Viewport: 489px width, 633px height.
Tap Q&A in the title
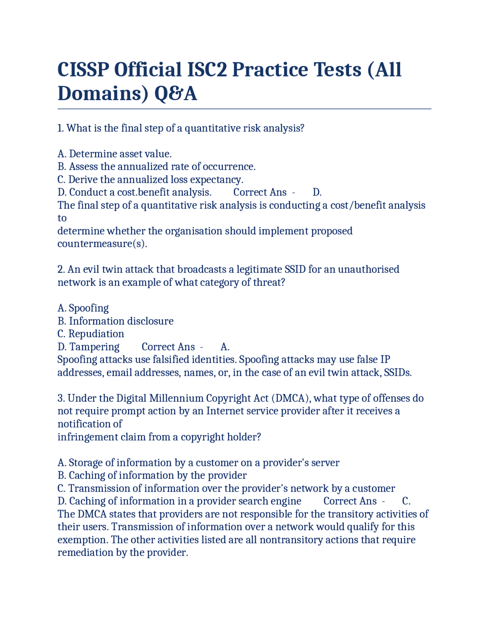pyautogui.click(x=175, y=94)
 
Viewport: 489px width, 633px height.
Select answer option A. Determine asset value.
pyautogui.click(x=114, y=154)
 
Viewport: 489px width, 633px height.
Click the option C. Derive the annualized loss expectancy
pyautogui.click(x=150, y=180)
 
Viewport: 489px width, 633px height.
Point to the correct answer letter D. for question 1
pyautogui.click(x=317, y=192)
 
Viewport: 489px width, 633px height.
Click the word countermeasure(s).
pyautogui.click(x=102, y=244)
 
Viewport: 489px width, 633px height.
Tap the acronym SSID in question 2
pyautogui.click(x=295, y=269)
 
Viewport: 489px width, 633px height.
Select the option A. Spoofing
pyautogui.click(x=83, y=308)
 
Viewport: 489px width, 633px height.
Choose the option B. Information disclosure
pyautogui.click(x=115, y=321)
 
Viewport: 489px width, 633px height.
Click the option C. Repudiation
pyautogui.click(x=91, y=334)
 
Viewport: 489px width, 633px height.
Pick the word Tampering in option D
pyautogui.click(x=94, y=347)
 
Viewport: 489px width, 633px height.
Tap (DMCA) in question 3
pyautogui.click(x=291, y=398)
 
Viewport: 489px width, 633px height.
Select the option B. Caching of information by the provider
pyautogui.click(x=152, y=476)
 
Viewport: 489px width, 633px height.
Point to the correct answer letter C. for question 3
pyautogui.click(x=406, y=501)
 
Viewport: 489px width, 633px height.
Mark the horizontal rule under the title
pyautogui.click(x=244, y=109)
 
